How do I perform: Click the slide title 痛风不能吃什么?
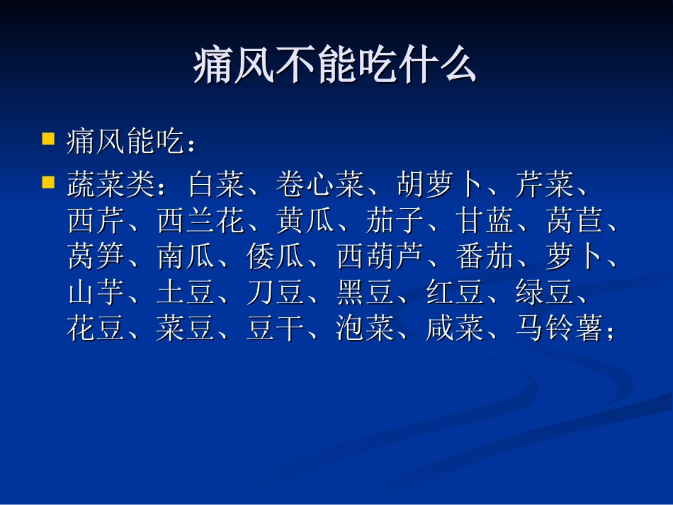[336, 67]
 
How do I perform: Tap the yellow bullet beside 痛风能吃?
[48, 137]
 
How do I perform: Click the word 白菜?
[217, 185]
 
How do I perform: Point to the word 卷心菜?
[321, 185]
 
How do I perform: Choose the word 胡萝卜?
[440, 185]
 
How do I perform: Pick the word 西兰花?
[202, 222]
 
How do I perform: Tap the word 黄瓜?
[307, 222]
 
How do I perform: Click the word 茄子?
[396, 222]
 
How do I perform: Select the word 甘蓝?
[486, 222]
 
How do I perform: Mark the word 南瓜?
[187, 258]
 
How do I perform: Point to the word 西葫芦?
[381, 258]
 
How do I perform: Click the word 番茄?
[486, 258]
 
